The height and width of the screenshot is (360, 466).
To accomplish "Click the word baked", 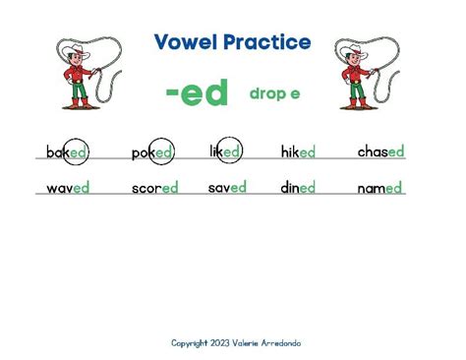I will pos(67,152).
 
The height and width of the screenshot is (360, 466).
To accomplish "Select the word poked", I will pos(152,153).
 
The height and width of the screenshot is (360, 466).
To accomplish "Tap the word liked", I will pos(225,151).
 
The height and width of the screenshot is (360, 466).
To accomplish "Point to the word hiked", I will pos(298,152).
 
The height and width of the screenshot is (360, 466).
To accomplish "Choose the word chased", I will pos(380,151).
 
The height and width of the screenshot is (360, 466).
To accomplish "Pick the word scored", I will pos(155,188).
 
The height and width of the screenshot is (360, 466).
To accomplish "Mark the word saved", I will pos(227,187).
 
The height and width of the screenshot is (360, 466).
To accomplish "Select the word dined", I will pos(298,187).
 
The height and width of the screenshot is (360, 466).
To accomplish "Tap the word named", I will pos(380,188).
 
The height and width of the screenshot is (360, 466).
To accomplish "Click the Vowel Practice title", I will pos(232,42).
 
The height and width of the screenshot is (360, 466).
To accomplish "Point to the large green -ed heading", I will pos(197,93).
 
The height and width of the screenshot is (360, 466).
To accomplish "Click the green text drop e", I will pos(274,93).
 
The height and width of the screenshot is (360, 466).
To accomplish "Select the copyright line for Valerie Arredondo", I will pos(236,343).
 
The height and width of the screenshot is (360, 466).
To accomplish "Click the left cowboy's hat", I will pos(74,48).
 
